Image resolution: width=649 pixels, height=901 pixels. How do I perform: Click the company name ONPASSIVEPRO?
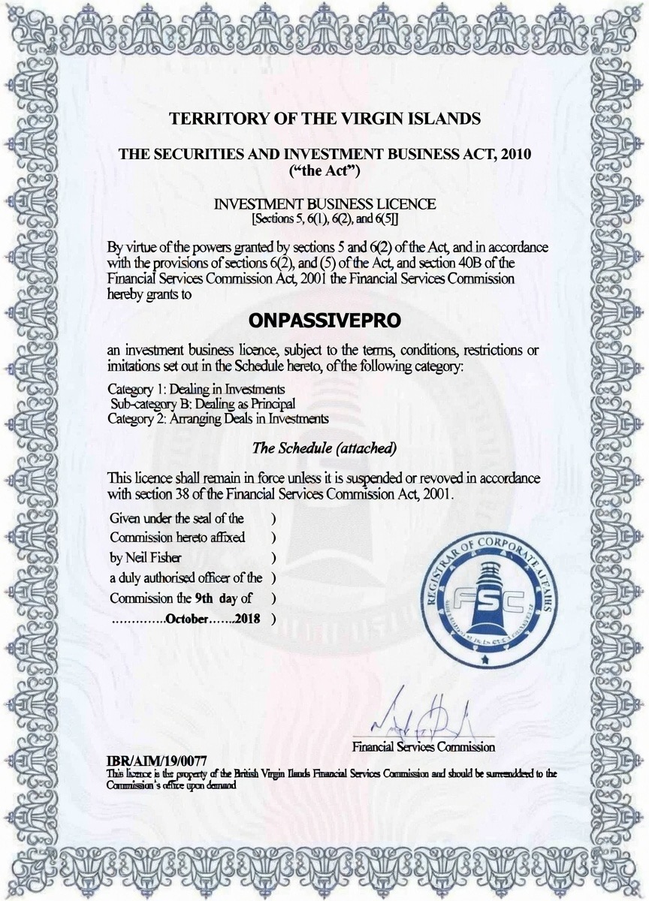[324, 320]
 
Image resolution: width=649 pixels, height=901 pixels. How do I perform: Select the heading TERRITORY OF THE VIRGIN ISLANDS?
[324, 119]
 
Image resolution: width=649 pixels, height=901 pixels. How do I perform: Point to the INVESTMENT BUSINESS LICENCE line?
[324, 204]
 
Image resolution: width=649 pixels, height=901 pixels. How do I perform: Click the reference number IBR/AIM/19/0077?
[157, 762]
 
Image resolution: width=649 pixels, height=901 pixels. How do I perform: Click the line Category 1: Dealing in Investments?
[196, 389]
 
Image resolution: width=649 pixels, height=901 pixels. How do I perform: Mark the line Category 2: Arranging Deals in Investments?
[218, 418]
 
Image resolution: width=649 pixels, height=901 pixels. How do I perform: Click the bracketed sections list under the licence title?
[324, 218]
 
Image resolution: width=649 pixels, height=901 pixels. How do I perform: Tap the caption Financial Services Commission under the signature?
[423, 747]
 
